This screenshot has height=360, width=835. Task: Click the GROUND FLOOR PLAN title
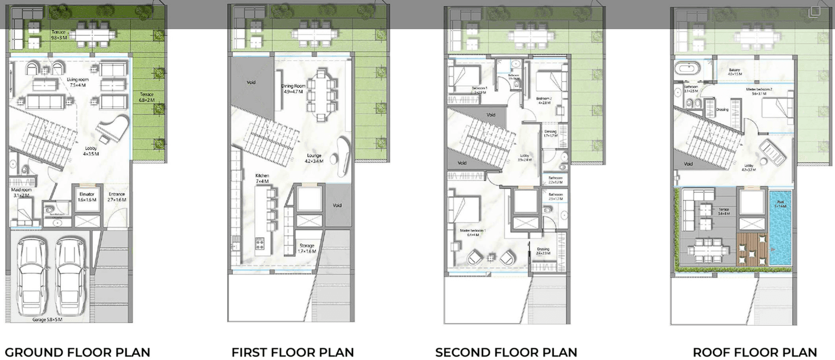pos(78,352)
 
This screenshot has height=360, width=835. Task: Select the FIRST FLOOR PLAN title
pos(292,352)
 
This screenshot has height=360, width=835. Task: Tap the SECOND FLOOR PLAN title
pos(506,352)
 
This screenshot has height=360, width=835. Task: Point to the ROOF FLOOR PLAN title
pos(754,352)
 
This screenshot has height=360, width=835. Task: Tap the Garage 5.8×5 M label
pos(47,320)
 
